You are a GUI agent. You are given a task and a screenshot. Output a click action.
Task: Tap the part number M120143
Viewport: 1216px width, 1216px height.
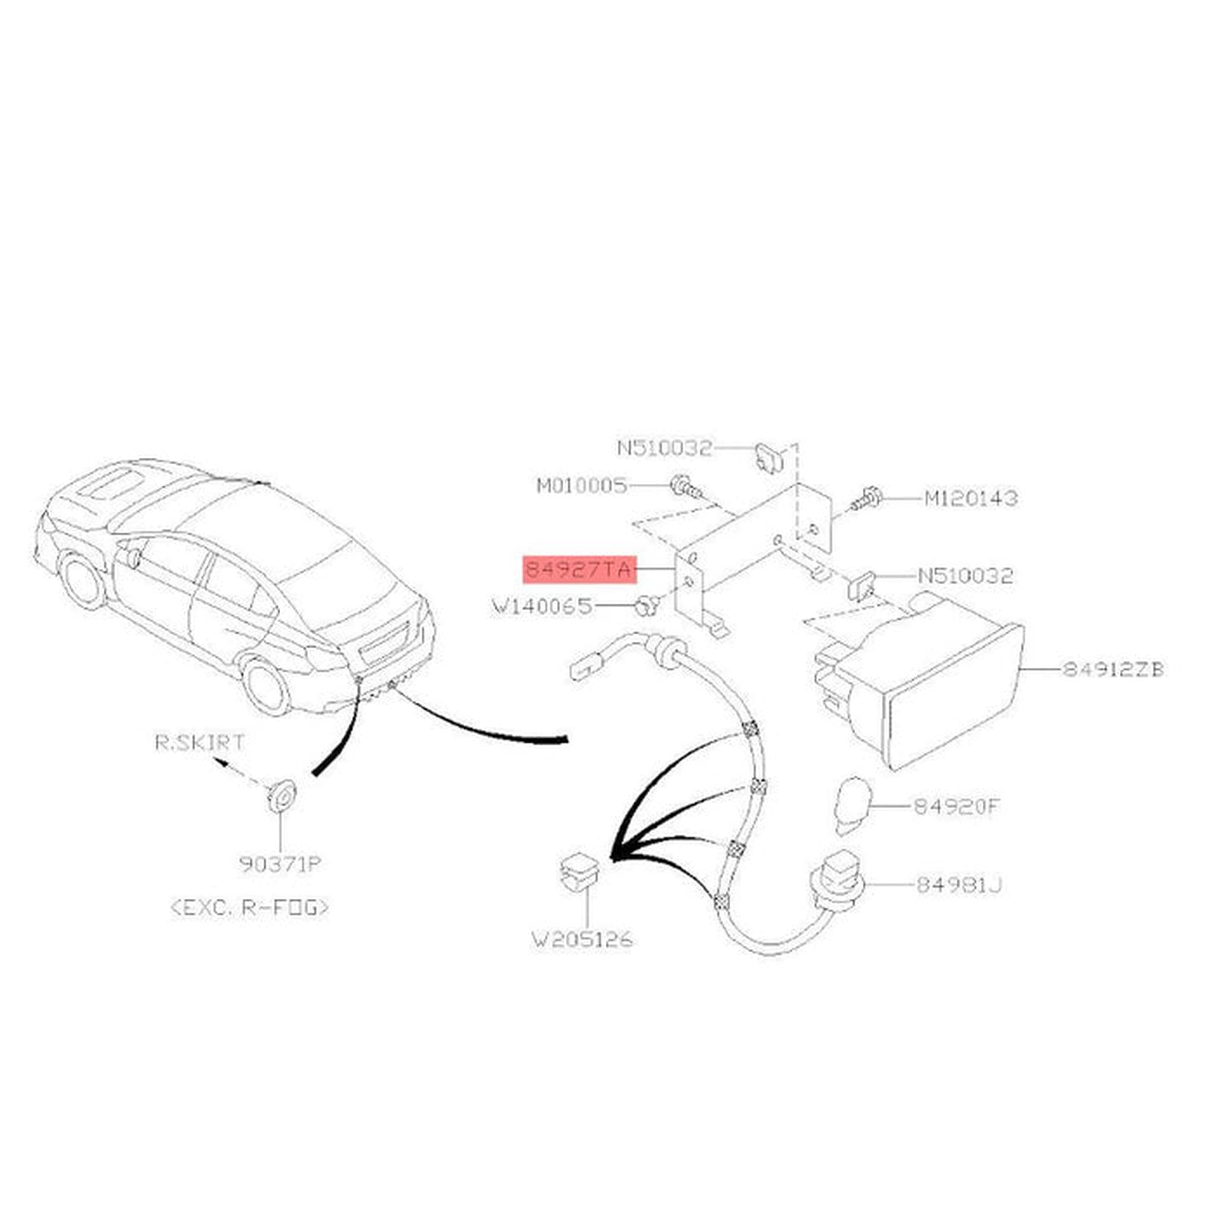click(971, 499)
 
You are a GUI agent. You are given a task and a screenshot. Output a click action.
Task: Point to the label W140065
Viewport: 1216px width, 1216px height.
click(543, 607)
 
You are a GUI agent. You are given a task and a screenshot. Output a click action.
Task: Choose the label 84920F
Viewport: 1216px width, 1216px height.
click(956, 806)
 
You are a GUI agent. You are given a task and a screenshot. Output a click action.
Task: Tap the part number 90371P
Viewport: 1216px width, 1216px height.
click(280, 864)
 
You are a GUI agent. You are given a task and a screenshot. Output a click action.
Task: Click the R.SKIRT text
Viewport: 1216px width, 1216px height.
click(200, 742)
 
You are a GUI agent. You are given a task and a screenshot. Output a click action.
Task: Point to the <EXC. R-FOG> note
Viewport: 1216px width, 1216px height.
click(250, 908)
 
